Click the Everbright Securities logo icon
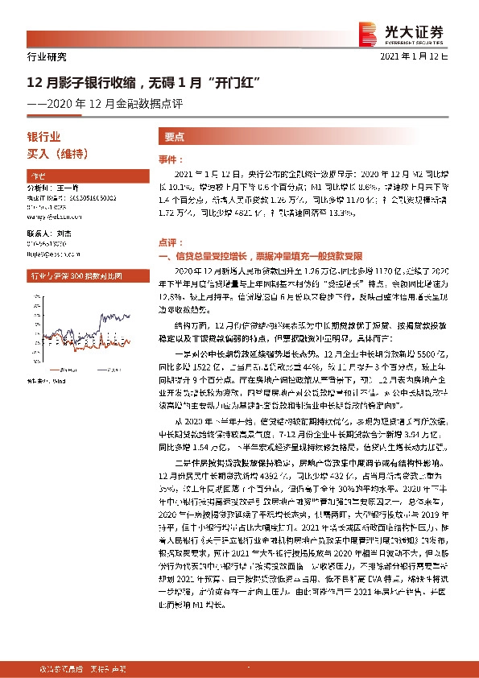[x=368, y=31]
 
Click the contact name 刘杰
[x=67, y=232]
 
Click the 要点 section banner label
[x=175, y=138]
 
